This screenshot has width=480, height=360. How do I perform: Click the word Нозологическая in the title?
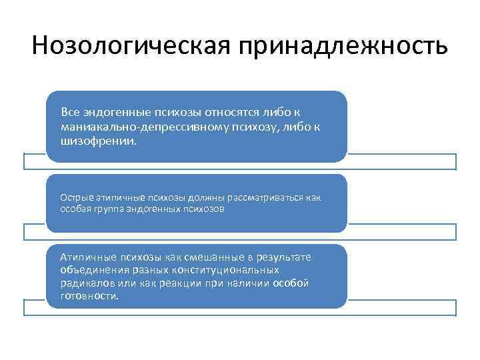coord(127,47)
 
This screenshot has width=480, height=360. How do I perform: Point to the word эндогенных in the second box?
coord(155,209)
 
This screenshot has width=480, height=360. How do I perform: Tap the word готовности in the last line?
coord(89,296)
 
